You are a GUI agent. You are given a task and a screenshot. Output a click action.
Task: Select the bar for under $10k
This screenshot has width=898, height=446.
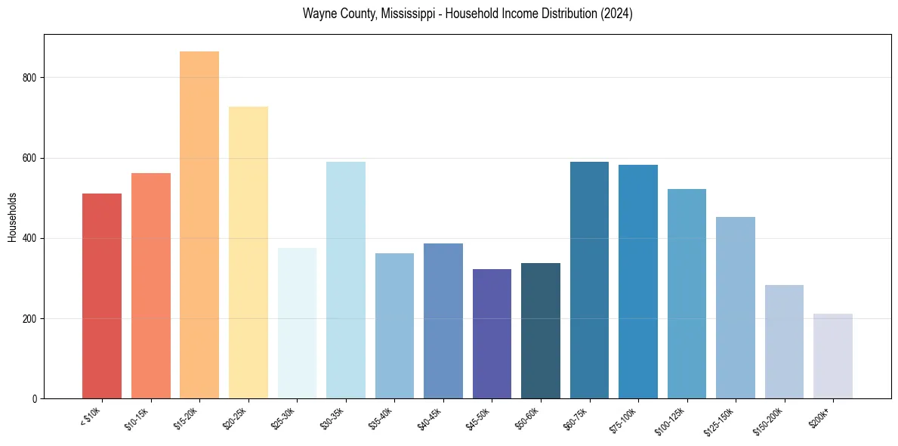102,296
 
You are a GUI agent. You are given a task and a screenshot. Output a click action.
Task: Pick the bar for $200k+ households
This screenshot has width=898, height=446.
833,356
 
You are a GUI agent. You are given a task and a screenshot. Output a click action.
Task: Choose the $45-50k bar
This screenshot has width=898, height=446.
492,333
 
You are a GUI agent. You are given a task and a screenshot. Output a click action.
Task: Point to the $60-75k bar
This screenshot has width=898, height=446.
589,280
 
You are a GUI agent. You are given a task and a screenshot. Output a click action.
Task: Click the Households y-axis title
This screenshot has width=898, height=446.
12,217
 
